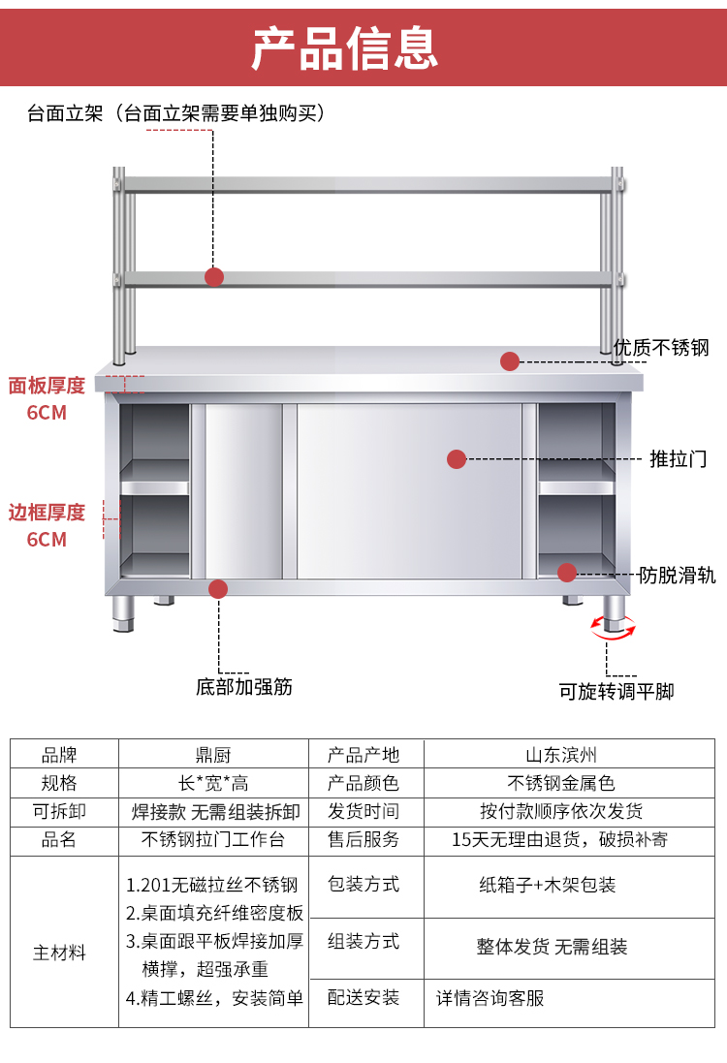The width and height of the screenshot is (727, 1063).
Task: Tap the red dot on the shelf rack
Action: point(214,277)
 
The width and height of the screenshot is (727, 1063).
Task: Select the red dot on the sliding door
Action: point(457,458)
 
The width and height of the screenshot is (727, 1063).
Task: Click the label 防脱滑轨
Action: point(678,576)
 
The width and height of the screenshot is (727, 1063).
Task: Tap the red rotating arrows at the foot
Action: point(615,628)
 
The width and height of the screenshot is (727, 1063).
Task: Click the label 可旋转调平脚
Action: point(616,692)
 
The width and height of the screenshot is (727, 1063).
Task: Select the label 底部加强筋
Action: point(244,687)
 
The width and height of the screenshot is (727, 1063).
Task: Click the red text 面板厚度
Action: point(47,386)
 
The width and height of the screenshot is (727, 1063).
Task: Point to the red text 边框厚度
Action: point(47,513)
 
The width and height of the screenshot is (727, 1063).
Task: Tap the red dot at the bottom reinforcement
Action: point(218,588)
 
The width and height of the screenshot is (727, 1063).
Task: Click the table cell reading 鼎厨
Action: point(213,754)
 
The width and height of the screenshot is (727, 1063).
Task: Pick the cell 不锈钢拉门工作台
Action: point(213,839)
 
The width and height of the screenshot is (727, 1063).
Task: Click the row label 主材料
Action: point(60,953)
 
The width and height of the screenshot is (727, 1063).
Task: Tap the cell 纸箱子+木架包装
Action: point(548,885)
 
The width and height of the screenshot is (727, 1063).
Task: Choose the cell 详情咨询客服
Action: point(490,997)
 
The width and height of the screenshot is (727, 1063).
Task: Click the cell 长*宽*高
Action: point(213,782)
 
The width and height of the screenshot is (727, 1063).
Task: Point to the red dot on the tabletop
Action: point(510,361)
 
